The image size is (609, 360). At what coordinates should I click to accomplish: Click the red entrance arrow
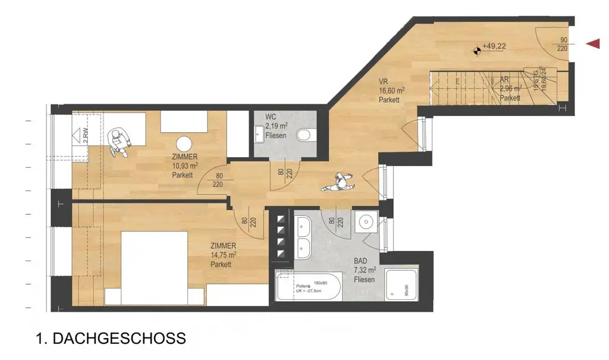pyautogui.click(x=592, y=43)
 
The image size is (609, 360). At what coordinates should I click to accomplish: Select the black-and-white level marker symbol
pyautogui.click(x=476, y=51)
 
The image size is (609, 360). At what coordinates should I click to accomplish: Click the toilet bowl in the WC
pyautogui.click(x=306, y=135)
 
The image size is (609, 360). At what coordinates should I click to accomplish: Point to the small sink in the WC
pyautogui.click(x=259, y=134)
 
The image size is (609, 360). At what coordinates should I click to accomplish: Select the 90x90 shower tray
pyautogui.click(x=401, y=285)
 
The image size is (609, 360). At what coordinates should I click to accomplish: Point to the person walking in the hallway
pyautogui.click(x=338, y=183)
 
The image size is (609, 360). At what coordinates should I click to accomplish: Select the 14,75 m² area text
pyautogui.click(x=223, y=255)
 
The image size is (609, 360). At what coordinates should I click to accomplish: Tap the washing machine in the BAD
pyautogui.click(x=364, y=223)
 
